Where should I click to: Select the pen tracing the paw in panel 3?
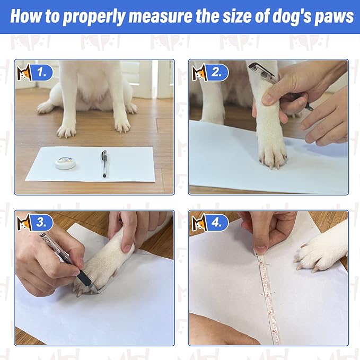point(69,260)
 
